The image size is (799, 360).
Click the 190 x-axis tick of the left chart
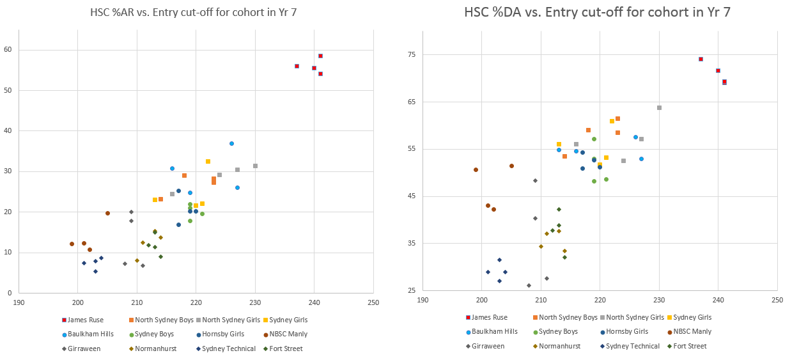(19, 302)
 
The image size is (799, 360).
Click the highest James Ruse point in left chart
(320, 56)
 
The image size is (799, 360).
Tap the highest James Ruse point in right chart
(701, 59)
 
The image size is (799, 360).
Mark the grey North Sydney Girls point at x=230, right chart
(659, 107)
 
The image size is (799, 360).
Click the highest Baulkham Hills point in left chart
(231, 143)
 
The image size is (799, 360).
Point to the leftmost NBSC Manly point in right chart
(476, 169)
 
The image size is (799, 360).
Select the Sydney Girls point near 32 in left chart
(208, 161)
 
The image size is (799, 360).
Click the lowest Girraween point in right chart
(529, 285)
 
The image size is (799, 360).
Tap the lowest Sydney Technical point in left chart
(95, 271)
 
